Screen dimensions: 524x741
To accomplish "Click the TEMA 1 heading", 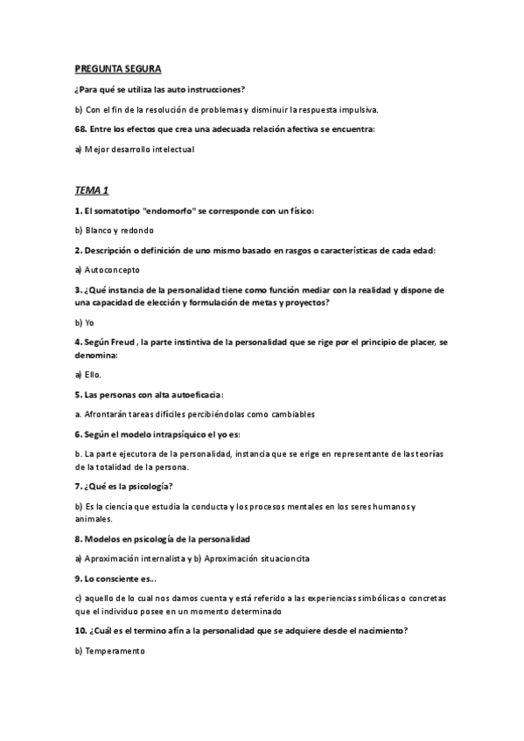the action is (91, 190).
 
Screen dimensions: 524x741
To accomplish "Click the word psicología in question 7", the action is (146, 486).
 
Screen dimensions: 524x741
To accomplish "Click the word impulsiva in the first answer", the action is (356, 109).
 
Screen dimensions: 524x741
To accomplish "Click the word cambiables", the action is (289, 414).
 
